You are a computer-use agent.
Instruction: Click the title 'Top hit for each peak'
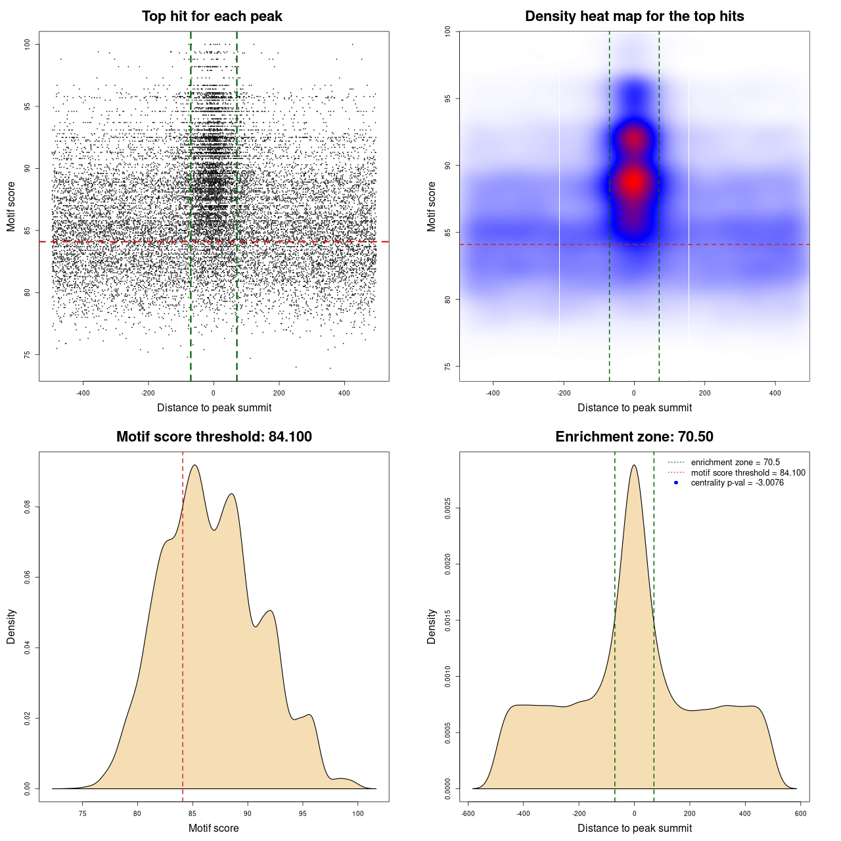click(x=212, y=16)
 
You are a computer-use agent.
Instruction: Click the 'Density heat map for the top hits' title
click(x=634, y=16)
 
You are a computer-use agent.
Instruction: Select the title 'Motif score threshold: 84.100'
click(x=214, y=437)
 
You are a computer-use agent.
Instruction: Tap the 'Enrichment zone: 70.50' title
click(x=634, y=437)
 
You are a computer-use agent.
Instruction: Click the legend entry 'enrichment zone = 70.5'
click(x=735, y=463)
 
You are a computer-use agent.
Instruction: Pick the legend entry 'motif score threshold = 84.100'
click(x=748, y=472)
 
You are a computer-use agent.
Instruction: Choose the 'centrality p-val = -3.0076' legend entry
click(x=737, y=483)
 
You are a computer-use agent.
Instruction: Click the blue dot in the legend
click(x=676, y=483)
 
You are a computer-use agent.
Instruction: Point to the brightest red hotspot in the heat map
click(x=633, y=182)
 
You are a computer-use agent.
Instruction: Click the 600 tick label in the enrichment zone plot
click(x=800, y=813)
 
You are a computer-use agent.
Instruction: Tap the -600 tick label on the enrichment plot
click(x=468, y=813)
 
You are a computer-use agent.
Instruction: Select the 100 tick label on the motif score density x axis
click(x=357, y=813)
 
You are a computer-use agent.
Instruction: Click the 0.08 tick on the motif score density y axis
click(x=27, y=507)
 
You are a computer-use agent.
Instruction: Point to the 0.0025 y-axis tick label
click(x=447, y=508)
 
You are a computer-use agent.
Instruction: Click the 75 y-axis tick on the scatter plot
click(x=27, y=355)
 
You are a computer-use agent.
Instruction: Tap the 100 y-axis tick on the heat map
click(x=447, y=30)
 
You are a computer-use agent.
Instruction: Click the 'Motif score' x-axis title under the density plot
click(x=214, y=828)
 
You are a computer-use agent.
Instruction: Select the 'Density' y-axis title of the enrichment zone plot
click(x=432, y=626)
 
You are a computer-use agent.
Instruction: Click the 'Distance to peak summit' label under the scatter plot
click(x=214, y=407)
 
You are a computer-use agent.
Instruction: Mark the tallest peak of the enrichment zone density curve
click(x=634, y=466)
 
